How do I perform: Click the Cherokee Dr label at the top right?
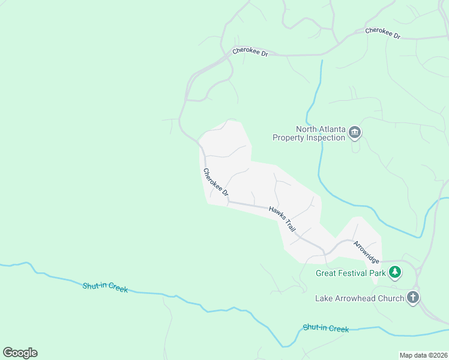(x=382, y=33)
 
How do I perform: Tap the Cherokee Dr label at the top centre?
(x=250, y=53)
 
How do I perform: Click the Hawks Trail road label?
(x=283, y=219)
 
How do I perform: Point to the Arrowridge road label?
(x=366, y=252)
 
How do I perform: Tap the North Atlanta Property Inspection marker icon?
(x=355, y=133)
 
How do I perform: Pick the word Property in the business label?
(x=290, y=137)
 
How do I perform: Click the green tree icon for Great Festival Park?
(x=394, y=273)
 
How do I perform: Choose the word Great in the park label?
(x=327, y=274)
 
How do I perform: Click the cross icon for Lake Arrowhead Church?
(x=413, y=298)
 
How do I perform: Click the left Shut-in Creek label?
(x=105, y=287)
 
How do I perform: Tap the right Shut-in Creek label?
(x=326, y=328)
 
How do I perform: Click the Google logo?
(x=20, y=353)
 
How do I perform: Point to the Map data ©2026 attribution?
(x=423, y=355)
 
